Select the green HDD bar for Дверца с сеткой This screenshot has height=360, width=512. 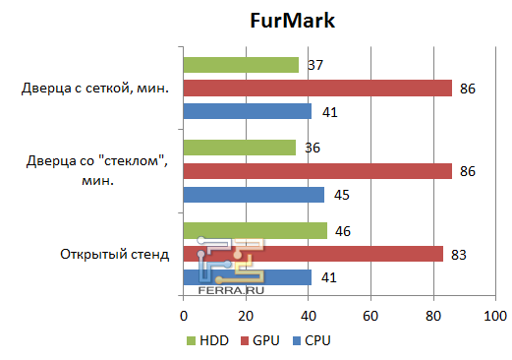[241, 65]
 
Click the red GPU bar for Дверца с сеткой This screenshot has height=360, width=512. [317, 89]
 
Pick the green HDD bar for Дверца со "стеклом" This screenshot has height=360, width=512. [239, 148]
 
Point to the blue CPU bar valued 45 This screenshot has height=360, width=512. [254, 195]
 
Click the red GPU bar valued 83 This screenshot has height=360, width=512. [313, 254]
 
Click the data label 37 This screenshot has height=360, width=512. [316, 65]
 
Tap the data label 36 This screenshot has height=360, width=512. [313, 148]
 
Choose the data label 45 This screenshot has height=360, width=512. [341, 195]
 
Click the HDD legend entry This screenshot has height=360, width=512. [208, 340]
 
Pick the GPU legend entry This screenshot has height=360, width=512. [259, 340]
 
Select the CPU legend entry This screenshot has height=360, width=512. [311, 340]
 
